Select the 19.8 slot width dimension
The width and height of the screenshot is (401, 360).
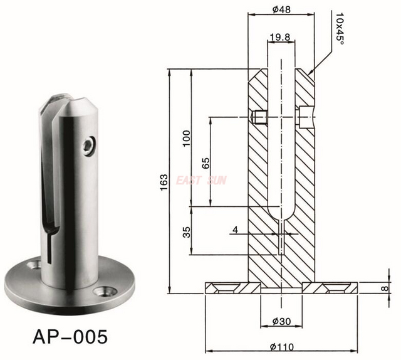point(279,37)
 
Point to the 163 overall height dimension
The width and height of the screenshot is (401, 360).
point(164,181)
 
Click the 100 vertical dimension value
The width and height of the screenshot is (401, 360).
point(185,137)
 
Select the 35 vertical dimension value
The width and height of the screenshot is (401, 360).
point(186,231)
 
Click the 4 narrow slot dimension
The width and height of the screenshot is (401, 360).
point(234,230)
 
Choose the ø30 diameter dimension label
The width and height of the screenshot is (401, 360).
point(281,322)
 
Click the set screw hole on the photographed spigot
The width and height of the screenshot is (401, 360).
point(89,145)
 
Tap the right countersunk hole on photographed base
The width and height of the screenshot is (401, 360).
point(104,292)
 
